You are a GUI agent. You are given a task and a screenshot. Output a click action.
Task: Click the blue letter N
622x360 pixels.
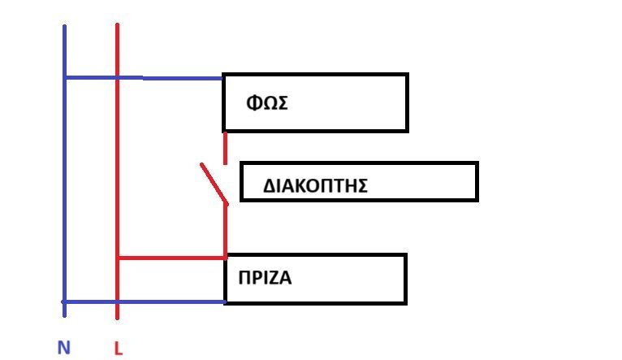64,348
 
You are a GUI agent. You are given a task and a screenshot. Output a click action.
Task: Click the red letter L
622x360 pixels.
118,349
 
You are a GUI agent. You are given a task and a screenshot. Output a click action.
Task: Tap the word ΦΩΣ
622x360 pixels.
268,104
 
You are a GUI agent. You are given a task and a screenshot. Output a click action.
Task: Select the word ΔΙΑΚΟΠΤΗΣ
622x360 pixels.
316,186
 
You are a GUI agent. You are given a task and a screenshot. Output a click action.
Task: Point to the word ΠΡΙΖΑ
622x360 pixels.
265,278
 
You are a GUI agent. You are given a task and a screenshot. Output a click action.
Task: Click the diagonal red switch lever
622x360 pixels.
214,183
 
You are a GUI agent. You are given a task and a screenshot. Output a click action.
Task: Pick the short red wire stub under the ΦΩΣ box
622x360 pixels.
225,147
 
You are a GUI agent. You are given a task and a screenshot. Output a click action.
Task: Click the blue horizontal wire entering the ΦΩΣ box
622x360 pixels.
171,78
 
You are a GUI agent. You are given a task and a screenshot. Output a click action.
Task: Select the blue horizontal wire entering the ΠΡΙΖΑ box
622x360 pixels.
171,301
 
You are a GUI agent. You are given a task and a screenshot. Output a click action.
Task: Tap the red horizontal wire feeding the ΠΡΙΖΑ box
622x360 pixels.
171,258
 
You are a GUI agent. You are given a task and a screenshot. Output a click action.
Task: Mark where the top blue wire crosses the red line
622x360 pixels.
118,78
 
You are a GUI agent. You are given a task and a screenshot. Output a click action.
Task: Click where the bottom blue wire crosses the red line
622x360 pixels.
118,301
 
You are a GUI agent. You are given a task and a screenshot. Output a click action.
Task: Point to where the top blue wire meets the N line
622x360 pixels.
64,78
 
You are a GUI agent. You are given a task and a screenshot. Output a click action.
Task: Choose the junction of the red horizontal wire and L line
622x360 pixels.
118,258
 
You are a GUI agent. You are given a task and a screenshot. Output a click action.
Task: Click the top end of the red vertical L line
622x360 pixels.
118,25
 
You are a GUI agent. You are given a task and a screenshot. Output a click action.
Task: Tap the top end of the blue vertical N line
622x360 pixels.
64,27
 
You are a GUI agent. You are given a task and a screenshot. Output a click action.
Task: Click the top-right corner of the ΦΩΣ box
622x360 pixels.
406,75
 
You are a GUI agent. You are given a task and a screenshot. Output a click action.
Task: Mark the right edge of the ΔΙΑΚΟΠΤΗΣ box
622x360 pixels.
477,181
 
